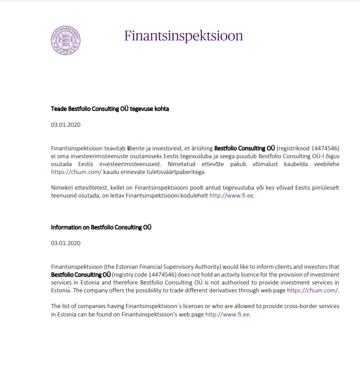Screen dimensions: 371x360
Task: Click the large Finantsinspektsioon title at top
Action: [184, 36]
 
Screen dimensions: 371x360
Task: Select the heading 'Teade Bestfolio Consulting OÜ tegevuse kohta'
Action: [110, 109]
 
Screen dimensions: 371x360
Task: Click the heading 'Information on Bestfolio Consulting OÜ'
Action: [101, 227]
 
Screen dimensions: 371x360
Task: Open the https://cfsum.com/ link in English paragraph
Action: [313, 290]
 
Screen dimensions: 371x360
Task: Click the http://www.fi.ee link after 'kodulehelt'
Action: [232, 196]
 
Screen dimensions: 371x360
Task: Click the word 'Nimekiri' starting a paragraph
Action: [63, 188]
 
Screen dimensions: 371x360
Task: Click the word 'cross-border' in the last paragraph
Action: [283, 306]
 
